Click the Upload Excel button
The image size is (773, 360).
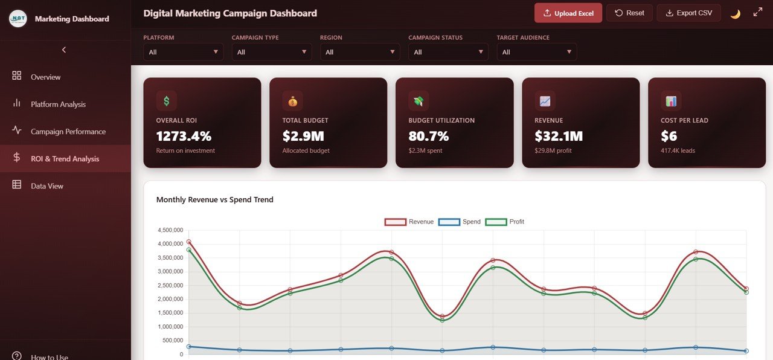click(x=568, y=13)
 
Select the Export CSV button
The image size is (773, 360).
click(x=688, y=13)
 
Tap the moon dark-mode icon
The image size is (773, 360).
click(x=735, y=13)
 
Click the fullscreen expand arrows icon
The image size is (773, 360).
click(x=758, y=13)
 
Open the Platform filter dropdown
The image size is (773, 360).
click(x=183, y=52)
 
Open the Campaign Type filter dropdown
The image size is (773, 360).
click(x=271, y=52)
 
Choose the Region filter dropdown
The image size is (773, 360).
click(x=360, y=52)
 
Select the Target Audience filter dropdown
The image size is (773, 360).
click(x=536, y=52)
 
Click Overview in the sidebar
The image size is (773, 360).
click(x=45, y=77)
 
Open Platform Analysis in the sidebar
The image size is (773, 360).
click(x=58, y=104)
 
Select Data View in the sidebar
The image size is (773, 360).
click(x=47, y=186)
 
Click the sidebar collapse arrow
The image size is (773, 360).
click(x=64, y=50)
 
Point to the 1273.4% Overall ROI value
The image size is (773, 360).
click(x=184, y=136)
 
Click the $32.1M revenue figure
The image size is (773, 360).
click(x=559, y=136)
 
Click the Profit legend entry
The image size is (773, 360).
click(x=505, y=222)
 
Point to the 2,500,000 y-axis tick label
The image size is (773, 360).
click(x=170, y=286)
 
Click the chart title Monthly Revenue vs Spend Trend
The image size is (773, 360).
click(x=214, y=200)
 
